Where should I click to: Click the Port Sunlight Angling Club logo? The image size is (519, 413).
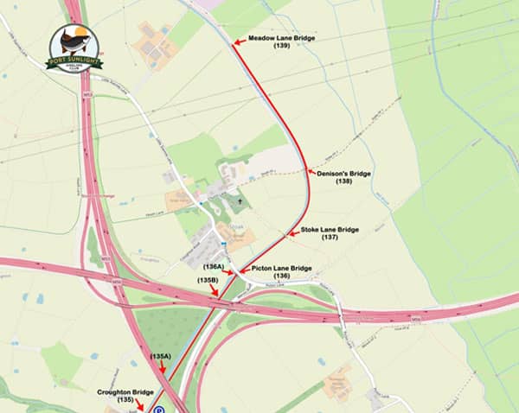[75, 48]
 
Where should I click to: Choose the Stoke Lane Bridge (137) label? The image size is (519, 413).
[329, 232]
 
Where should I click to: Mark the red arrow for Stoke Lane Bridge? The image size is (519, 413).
[292, 232]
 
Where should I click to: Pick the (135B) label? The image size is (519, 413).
[208, 281]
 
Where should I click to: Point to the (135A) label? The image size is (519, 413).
[161, 357]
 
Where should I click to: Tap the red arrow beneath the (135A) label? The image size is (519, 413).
[161, 371]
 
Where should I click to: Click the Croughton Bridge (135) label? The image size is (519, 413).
[126, 395]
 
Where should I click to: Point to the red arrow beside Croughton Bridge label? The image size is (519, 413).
[140, 404]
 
